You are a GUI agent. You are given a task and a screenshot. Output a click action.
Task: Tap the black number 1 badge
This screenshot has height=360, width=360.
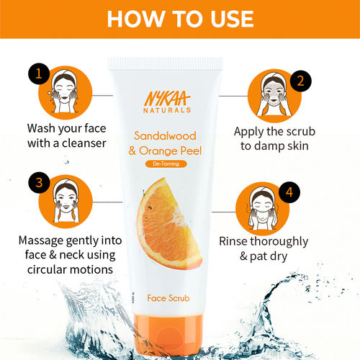tap(37, 73)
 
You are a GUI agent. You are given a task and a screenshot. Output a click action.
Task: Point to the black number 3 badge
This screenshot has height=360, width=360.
tap(38, 181)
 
